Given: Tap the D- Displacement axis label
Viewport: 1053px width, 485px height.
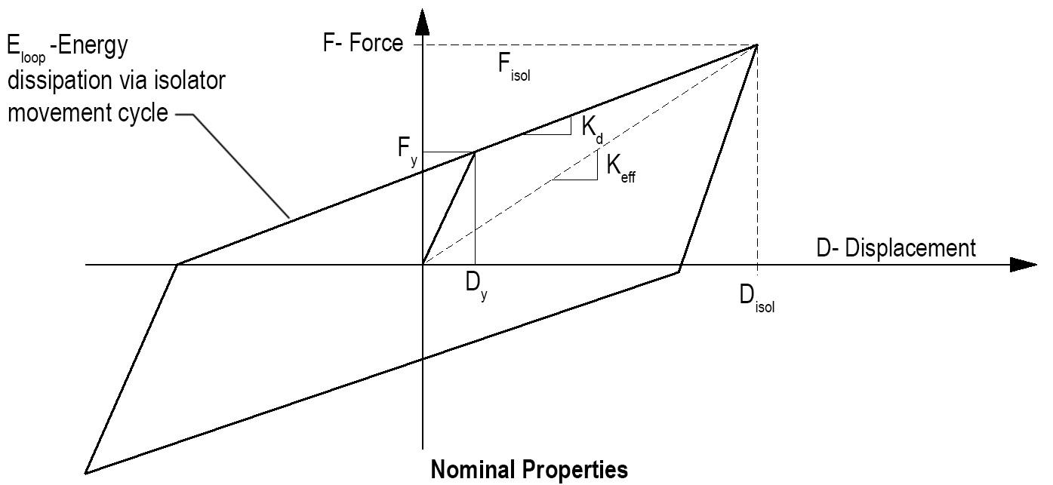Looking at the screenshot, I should coord(896,247).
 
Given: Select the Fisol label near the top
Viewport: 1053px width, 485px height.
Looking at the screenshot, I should coord(513,66).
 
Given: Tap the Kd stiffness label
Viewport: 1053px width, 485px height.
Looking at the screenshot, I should coord(591,126).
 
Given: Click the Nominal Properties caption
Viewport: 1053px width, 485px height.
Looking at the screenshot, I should coord(528,470).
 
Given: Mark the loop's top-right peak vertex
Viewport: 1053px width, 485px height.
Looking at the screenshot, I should coord(756,45).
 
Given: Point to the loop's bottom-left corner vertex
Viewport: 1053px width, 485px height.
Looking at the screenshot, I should coord(86,473).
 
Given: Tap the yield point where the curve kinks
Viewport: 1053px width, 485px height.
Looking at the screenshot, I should coord(475,152).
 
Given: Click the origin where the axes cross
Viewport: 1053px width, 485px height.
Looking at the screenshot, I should coord(423,265).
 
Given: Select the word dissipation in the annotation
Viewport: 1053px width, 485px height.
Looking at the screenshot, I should coord(64,81).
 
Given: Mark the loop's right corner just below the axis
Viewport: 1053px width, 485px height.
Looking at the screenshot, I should coord(679,272).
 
